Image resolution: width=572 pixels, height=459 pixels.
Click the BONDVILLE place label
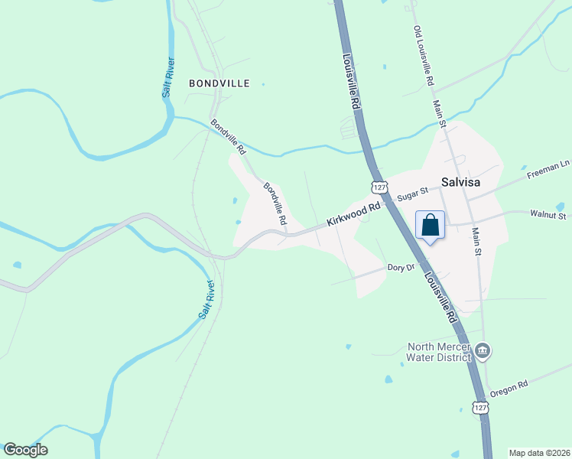pos(219,83)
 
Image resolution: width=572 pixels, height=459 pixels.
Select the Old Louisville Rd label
pos(424,55)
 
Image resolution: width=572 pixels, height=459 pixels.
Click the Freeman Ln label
pos(549,170)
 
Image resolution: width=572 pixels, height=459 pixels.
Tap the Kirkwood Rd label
pos(353,214)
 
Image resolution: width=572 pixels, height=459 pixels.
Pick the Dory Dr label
pos(401,268)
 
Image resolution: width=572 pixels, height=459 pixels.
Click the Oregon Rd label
pos(510,388)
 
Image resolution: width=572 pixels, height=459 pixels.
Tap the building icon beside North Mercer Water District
pos(483,351)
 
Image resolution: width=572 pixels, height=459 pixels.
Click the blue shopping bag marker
pos(431,226)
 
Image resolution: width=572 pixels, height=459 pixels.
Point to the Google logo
pos(25,450)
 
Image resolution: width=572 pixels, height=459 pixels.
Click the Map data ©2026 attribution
pos(539,453)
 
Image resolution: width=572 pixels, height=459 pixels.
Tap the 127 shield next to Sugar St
pos(378,187)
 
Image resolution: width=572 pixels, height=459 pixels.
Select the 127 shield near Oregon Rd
pos(479,408)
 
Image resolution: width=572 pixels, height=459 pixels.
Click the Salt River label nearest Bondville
pos(168,77)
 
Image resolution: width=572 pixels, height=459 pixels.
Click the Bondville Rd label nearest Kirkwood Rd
pos(275,203)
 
